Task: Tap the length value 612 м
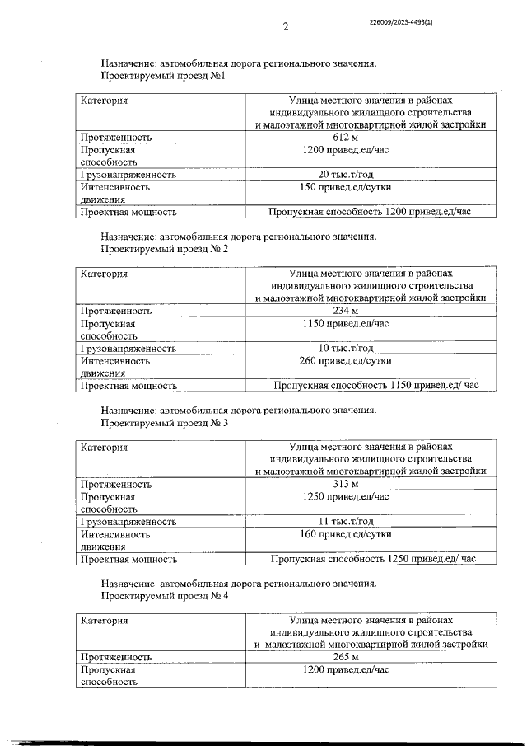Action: pos(370,137)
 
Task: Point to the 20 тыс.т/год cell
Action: pos(370,174)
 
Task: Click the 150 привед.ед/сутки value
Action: pos(370,187)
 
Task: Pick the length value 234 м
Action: pos(370,311)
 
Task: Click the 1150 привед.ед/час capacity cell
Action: pos(370,323)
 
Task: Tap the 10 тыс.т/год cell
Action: pos(370,348)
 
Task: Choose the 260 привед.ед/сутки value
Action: pos(370,360)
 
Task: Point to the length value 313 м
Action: pos(370,484)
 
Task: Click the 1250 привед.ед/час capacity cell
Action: pos(370,496)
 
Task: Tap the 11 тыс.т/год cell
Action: pos(370,521)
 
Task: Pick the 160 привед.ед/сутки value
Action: pos(370,533)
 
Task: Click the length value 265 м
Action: pos(370,657)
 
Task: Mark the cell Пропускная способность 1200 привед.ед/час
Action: pos(370,212)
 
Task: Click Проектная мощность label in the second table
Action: pos(128,385)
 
